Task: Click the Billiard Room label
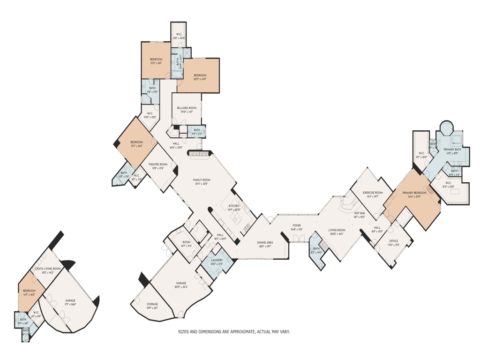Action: pyautogui.click(x=187, y=108)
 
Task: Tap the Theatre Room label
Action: pyautogui.click(x=158, y=165)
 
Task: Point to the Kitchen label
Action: pyautogui.click(x=234, y=206)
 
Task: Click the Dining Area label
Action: pyautogui.click(x=265, y=242)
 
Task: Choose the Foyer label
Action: pyautogui.click(x=297, y=225)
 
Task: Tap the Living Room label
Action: pyautogui.click(x=337, y=230)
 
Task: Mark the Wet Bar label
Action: pyautogui.click(x=359, y=213)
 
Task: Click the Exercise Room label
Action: pyautogui.click(x=373, y=193)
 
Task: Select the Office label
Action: pyautogui.click(x=393, y=241)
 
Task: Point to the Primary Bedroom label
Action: pyautogui.click(x=414, y=193)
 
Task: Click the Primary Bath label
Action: pyautogui.click(x=452, y=149)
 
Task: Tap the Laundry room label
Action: pyautogui.click(x=217, y=260)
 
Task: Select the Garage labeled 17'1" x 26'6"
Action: pyautogui.click(x=70, y=300)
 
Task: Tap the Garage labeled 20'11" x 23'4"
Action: pyautogui.click(x=181, y=283)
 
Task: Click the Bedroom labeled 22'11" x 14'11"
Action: pyautogui.click(x=200, y=75)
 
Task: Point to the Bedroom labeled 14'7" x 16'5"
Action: pyautogui.click(x=29, y=291)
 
